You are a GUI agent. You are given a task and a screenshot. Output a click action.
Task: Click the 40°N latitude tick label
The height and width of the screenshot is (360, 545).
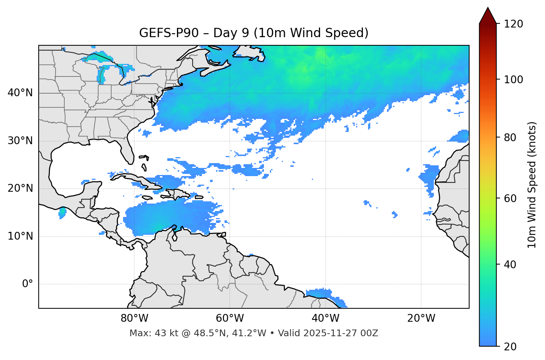20,93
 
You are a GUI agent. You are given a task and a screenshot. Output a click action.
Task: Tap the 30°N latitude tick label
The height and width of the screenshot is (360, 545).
20,141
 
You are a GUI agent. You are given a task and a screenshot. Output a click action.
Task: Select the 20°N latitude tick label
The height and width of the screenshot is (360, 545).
20,188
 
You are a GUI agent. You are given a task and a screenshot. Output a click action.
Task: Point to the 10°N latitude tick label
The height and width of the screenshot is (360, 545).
20,236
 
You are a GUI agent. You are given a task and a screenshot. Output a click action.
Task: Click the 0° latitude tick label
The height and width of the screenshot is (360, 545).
28,284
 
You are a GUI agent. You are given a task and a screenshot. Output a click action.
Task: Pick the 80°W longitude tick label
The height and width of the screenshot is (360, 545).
134,318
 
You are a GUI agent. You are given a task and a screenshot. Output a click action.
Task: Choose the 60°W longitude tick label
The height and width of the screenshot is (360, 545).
230,318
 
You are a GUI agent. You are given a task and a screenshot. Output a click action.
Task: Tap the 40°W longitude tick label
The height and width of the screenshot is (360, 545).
326,318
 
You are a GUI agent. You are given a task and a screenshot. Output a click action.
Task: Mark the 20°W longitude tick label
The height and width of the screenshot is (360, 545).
421,318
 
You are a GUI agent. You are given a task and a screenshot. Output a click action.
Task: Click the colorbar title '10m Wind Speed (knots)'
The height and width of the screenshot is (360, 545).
532,185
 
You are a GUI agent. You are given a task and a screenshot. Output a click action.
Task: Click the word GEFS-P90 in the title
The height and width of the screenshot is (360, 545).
163,33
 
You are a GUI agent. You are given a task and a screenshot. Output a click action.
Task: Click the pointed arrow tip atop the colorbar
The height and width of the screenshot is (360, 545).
488,9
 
